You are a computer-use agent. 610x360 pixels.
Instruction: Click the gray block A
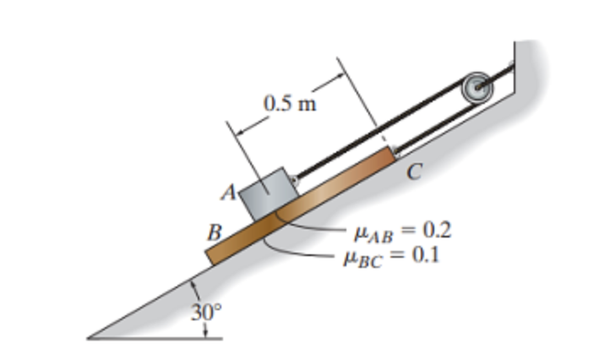pos(269,194)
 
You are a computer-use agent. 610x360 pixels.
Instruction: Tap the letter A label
pos(229,192)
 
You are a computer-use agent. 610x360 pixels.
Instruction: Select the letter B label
pos(215,232)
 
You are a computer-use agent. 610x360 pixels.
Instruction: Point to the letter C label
pos(414,172)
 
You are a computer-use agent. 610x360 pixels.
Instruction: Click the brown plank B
pos(300,206)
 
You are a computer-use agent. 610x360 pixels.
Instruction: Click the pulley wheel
pos(477,88)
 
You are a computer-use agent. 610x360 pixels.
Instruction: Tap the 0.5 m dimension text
pos(290,104)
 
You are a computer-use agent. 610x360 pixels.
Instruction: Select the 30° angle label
pos(206,312)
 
